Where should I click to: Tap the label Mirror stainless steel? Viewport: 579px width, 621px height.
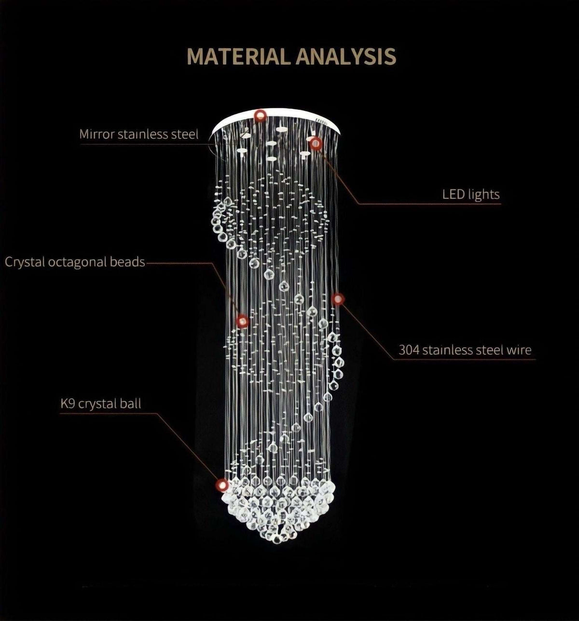(x=138, y=135)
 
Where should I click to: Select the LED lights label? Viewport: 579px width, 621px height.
(x=471, y=194)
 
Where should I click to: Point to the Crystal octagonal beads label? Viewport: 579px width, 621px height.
(x=75, y=262)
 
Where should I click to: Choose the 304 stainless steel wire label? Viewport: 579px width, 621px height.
(x=465, y=350)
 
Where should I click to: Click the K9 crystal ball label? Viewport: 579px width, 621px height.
(x=101, y=404)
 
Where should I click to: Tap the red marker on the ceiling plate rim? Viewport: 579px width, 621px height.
(x=260, y=116)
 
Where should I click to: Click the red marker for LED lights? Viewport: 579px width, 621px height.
(x=316, y=144)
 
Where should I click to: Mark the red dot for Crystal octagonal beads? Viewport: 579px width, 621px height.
(x=242, y=321)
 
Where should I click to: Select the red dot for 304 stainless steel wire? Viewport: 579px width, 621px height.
(x=337, y=299)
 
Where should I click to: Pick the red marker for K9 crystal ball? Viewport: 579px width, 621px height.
(x=222, y=485)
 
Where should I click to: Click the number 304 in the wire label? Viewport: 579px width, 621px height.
(x=409, y=350)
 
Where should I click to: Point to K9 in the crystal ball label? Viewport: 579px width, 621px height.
(x=67, y=403)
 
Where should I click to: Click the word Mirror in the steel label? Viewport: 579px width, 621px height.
(x=97, y=134)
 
